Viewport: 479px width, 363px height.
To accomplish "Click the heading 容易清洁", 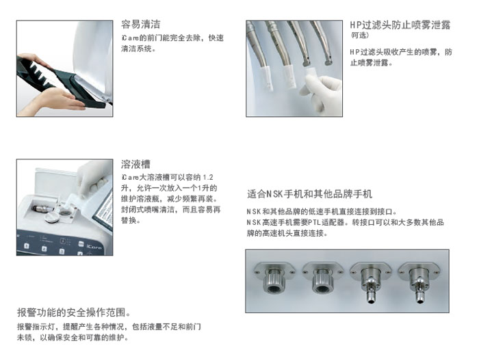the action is click(140, 25).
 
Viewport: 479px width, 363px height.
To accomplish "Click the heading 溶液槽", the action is click(135, 164).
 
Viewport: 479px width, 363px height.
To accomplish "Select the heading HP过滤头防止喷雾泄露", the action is click(400, 25).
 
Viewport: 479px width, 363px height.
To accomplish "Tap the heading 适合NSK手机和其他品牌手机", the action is click(309, 194).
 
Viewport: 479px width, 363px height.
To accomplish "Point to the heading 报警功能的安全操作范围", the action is click(74, 312).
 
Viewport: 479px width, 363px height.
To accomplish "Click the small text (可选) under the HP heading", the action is click(359, 36).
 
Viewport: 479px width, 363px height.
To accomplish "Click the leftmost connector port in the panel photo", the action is click(274, 277).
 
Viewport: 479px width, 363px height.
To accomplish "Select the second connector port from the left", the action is click(323, 277).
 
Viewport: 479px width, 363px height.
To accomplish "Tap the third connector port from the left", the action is click(371, 282).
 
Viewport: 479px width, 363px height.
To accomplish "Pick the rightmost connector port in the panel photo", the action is click(419, 282).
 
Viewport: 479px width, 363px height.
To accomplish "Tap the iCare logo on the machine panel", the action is click(94, 246).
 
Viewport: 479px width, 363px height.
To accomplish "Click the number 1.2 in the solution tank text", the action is click(208, 177).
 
